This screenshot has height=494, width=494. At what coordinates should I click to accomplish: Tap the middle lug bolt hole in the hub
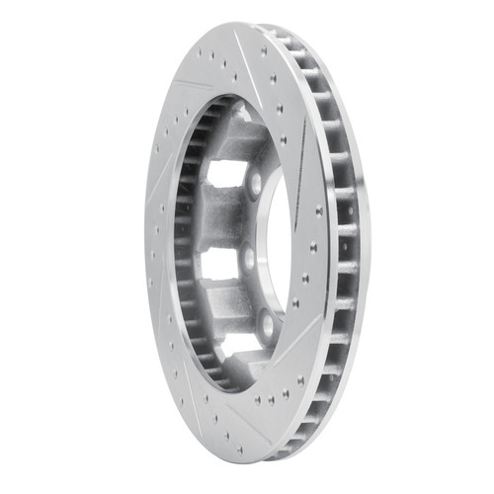pos(249,259)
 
